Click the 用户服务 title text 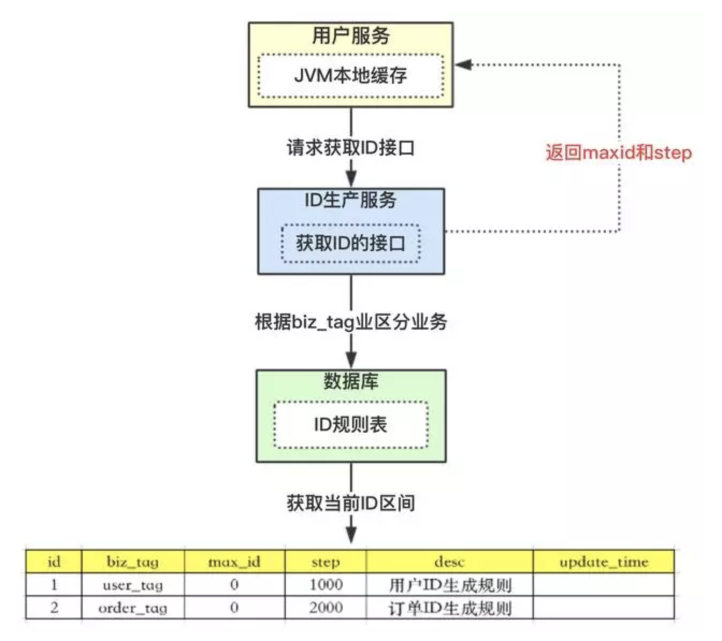tap(351, 35)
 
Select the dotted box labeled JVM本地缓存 tap(351, 76)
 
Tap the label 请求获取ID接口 tap(351, 148)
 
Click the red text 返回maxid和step tap(619, 152)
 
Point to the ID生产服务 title tap(351, 200)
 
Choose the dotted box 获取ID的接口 tap(351, 244)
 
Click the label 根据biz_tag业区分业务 tap(351, 322)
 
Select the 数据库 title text tap(351, 381)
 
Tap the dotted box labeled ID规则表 tap(351, 425)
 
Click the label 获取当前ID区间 tap(351, 503)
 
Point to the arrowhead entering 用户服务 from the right tap(463, 64)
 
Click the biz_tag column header tap(133, 562)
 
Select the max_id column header tap(234, 562)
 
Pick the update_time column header tap(604, 562)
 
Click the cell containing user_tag tap(133, 585)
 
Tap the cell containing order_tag tap(133, 608)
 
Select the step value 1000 tap(326, 585)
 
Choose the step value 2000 tap(326, 608)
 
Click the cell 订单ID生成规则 tap(450, 608)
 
